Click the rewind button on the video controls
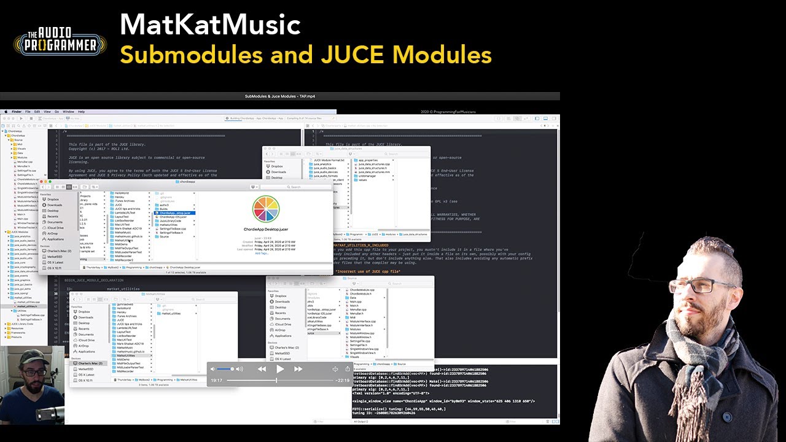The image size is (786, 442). tap(262, 369)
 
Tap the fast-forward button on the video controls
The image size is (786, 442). tap(298, 369)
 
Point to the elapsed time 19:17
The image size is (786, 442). tap(216, 381)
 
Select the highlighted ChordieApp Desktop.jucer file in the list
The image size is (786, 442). tap(175, 213)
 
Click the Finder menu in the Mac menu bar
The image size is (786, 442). tap(17, 112)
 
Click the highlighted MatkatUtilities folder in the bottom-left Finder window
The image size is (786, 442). tap(125, 355)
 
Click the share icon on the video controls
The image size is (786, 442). tap(348, 369)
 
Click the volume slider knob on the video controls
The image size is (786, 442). tap(233, 369)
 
